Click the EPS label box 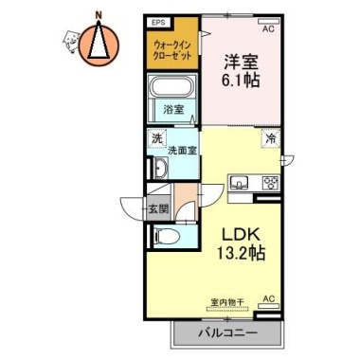pos(159,23)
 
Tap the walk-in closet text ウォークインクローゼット pos(172,50)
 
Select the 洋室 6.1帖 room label pos(242,71)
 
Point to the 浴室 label pos(173,110)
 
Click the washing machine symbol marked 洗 pos(156,138)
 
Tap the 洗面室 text pos(182,151)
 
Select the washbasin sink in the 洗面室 pos(161,168)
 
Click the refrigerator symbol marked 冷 pos(271,138)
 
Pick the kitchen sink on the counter pos(239,183)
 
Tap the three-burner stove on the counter pos(271,183)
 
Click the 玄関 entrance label pos(159,208)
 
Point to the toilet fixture pos(167,236)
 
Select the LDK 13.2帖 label pos(241,243)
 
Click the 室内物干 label pos(227,301)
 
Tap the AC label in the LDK pos(269,298)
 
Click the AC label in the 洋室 pos(269,29)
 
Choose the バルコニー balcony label pos(227,333)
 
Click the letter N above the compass pos(99,14)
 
